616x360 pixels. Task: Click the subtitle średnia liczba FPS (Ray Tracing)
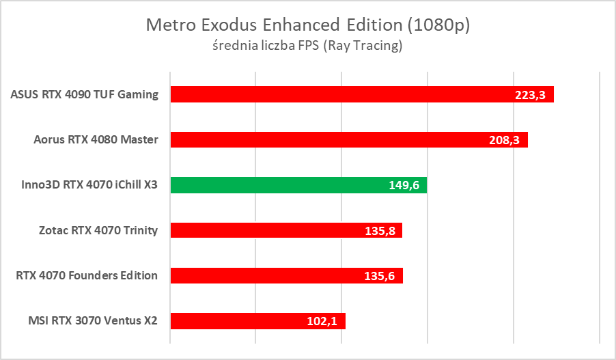308,46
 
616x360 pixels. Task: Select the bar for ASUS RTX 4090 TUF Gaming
341,94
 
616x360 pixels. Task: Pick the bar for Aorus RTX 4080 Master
328,140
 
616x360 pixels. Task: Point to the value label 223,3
530,95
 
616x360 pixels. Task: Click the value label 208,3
504,140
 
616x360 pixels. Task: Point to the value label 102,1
322,320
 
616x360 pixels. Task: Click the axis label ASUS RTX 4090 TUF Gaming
85,95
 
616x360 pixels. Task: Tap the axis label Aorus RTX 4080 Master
96,140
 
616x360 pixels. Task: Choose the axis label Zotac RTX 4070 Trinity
98,230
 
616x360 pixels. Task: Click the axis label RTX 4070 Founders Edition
87,275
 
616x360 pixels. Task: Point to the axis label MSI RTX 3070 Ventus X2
93,320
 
